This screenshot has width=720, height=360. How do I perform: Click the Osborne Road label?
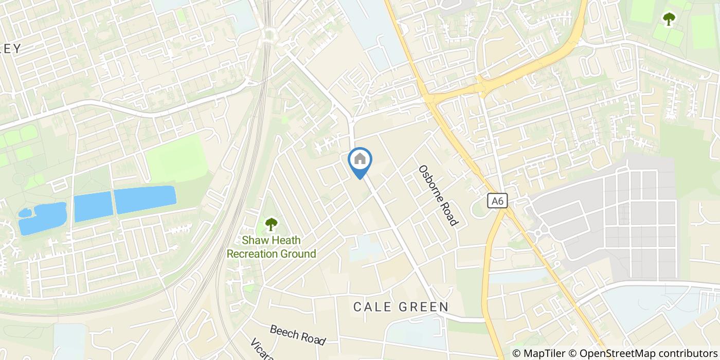coord(438,195)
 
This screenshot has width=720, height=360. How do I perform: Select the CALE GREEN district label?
coord(401,307)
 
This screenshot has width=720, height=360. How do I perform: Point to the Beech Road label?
coord(298,334)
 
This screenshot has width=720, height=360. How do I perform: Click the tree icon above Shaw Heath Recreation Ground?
coord(271,224)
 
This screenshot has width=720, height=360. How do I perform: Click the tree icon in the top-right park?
coord(669,20)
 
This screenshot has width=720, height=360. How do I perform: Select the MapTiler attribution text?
coord(543,353)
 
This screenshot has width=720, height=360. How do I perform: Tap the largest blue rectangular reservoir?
coord(145,200)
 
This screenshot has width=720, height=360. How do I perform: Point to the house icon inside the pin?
coord(360,158)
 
